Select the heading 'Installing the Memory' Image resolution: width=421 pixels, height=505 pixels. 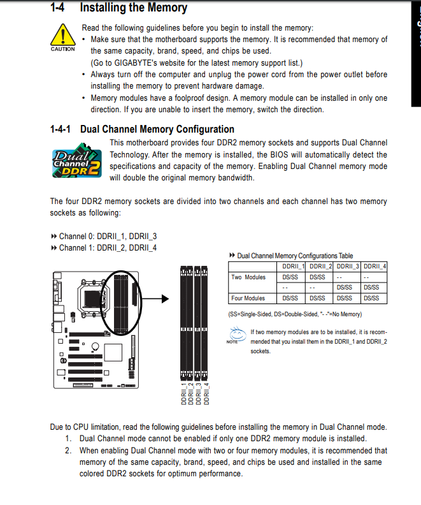click(x=134, y=8)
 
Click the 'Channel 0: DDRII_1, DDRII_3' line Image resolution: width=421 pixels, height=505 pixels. click(x=108, y=236)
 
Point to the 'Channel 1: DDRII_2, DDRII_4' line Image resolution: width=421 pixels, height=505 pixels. click(x=108, y=247)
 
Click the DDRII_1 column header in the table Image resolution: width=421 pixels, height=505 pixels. click(x=294, y=266)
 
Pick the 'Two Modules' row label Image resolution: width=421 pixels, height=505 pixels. click(x=248, y=277)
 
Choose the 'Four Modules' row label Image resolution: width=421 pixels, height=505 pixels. click(x=248, y=298)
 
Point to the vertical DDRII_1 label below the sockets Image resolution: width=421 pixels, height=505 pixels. click(x=183, y=393)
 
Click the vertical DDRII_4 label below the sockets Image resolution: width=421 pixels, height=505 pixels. click(x=206, y=393)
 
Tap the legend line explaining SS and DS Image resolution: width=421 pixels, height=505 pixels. click(x=294, y=314)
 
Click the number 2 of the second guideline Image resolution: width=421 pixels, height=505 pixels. click(x=68, y=450)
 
